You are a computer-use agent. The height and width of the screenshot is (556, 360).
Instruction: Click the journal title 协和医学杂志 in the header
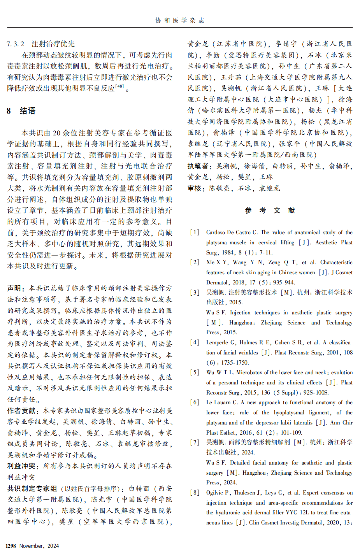[180, 21]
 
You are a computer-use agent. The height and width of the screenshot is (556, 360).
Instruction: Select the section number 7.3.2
[16, 44]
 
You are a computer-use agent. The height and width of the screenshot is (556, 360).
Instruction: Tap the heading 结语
[28, 111]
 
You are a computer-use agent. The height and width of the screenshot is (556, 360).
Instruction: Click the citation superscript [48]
[119, 86]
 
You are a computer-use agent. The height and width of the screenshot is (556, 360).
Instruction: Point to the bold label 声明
[14, 288]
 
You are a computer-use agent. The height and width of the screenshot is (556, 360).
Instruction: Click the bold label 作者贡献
[21, 411]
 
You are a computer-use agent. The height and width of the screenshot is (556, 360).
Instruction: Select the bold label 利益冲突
[21, 466]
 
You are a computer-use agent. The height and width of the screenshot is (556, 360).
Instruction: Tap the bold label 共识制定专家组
[32, 489]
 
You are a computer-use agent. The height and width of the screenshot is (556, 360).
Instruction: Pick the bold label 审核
[194, 188]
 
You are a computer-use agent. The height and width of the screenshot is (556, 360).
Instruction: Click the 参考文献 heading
[270, 210]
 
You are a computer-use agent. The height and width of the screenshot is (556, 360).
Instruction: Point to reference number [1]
[195, 233]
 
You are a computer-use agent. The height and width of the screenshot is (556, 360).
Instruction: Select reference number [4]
[195, 343]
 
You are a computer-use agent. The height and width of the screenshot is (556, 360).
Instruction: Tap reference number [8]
[195, 493]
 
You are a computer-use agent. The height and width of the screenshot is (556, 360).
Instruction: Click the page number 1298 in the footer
[11, 546]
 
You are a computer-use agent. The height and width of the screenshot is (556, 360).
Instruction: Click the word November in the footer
[32, 546]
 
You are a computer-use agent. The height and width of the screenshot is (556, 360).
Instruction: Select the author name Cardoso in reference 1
[217, 233]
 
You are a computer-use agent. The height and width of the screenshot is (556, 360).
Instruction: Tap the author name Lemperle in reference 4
[217, 343]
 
